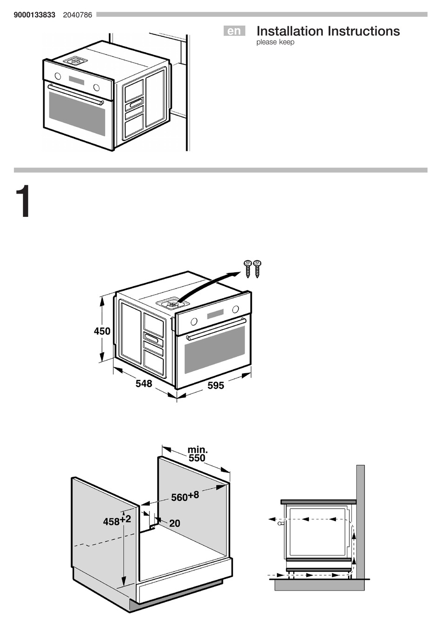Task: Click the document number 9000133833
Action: (x=34, y=15)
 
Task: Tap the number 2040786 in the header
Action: (x=77, y=15)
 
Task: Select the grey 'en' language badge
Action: (x=234, y=31)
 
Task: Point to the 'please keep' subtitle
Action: (x=275, y=42)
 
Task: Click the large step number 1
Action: (x=23, y=202)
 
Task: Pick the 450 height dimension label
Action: (x=102, y=331)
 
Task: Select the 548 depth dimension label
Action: (x=144, y=383)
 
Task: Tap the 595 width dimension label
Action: (x=216, y=385)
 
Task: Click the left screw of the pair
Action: (x=248, y=269)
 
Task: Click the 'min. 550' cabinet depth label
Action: (x=197, y=454)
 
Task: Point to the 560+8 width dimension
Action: (x=185, y=496)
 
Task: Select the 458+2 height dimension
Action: (x=117, y=520)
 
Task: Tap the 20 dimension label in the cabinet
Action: (x=174, y=524)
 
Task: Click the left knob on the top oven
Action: (x=58, y=76)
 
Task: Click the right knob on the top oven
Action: (x=96, y=87)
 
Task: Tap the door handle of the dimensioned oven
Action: (x=215, y=329)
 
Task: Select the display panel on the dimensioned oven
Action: (x=215, y=314)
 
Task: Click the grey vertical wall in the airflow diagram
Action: (x=360, y=521)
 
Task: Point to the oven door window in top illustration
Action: (x=77, y=113)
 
